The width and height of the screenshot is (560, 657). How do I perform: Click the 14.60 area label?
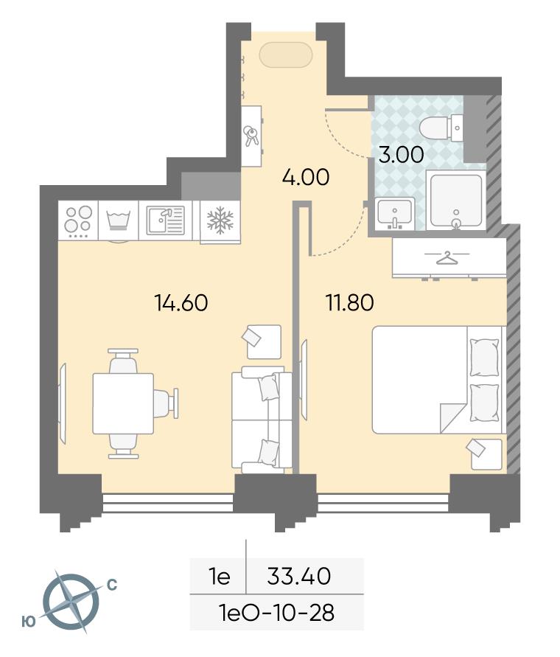tap(181, 302)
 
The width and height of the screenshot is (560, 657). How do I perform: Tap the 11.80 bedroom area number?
tap(350, 302)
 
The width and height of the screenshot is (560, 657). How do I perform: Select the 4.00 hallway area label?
tap(306, 177)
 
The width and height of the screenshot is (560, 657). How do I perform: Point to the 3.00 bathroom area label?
tap(401, 154)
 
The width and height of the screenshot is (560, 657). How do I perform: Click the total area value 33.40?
tap(299, 576)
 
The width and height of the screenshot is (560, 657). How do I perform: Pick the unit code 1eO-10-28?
tap(276, 613)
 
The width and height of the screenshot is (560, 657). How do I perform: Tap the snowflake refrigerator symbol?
tap(220, 220)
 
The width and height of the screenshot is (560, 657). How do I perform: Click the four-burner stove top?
tap(78, 220)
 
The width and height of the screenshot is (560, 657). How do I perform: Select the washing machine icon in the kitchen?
tap(119, 220)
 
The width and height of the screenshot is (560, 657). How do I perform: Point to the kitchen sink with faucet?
tap(165, 220)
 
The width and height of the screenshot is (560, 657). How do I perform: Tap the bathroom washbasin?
tap(394, 213)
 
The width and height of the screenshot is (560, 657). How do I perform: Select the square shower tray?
tap(456, 201)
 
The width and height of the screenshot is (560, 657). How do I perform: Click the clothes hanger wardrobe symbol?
tap(447, 257)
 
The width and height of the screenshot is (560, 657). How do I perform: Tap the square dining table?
tap(123, 403)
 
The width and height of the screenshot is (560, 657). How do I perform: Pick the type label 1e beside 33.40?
tap(220, 577)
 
